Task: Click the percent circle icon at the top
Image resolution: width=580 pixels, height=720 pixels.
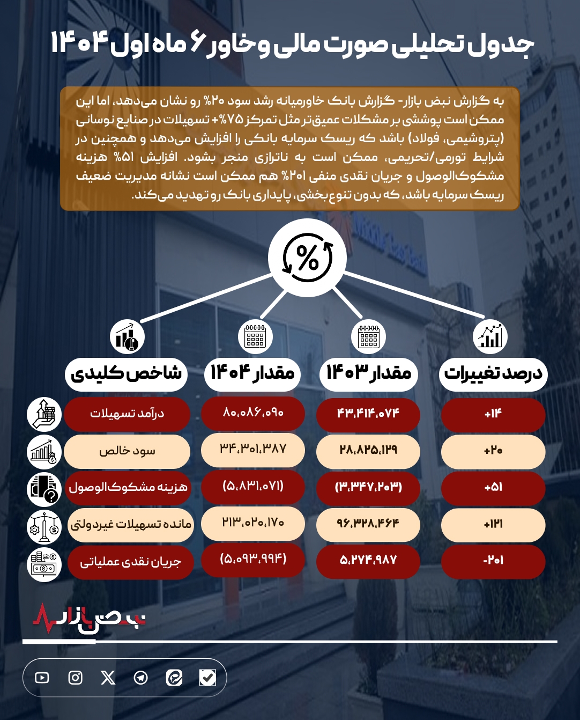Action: click(307, 258)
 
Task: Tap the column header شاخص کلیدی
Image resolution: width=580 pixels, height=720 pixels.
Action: click(127, 373)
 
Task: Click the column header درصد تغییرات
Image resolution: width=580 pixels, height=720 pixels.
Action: click(493, 373)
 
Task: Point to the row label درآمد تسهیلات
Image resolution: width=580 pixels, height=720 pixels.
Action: click(127, 414)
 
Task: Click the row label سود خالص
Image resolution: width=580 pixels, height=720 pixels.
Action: click(127, 451)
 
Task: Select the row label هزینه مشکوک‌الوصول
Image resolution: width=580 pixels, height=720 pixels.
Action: click(128, 487)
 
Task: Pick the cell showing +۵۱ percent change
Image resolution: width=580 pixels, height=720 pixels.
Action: click(493, 487)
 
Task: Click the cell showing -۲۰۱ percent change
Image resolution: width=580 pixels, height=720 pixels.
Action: click(493, 561)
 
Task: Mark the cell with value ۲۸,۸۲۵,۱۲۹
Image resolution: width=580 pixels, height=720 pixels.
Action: click(368, 450)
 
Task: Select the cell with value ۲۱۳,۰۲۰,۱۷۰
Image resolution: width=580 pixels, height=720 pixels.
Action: click(253, 523)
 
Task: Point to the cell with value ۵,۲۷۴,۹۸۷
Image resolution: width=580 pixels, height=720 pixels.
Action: click(368, 561)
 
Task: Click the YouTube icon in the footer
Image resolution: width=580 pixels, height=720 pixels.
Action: click(42, 678)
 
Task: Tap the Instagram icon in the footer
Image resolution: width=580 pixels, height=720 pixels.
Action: click(76, 678)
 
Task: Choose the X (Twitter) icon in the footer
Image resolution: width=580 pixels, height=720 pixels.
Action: click(108, 678)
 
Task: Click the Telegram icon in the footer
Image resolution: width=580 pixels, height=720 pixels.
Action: click(141, 678)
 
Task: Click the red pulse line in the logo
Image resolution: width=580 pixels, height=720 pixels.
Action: click(46, 618)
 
